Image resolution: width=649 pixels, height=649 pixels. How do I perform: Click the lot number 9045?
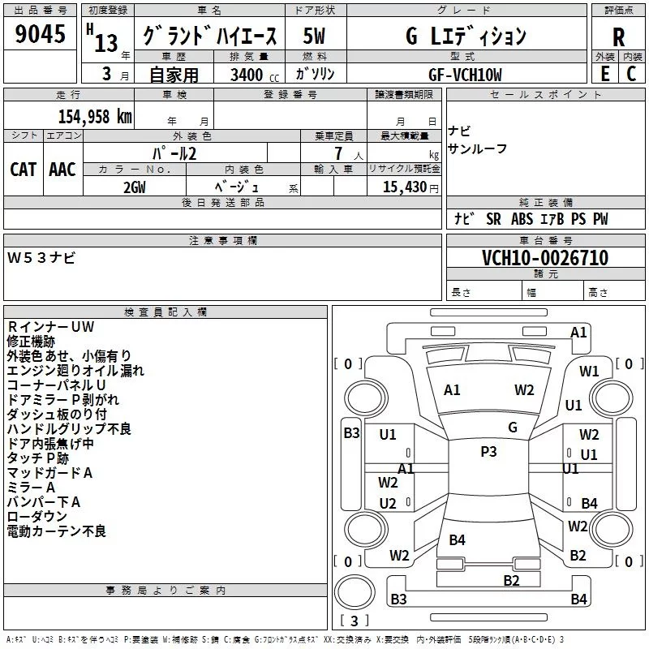tap(40, 33)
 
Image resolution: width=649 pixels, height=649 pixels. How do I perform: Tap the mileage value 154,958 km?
tap(95, 116)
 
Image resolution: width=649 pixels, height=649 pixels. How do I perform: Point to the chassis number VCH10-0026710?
tap(545, 258)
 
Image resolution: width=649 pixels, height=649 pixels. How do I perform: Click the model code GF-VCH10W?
tap(465, 75)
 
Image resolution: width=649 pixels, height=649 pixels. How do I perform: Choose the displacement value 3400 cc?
tap(255, 75)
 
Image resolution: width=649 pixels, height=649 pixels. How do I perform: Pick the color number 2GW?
tap(135, 187)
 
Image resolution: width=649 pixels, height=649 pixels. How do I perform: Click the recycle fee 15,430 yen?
tap(410, 187)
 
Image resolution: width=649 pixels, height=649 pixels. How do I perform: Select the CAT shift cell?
tap(24, 170)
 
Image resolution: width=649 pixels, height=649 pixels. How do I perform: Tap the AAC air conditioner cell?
tap(62, 170)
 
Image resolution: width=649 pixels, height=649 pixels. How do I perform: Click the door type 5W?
tap(314, 36)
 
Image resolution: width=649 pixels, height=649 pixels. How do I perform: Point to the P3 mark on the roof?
tap(488, 451)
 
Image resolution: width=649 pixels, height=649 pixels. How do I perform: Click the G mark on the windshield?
tap(513, 428)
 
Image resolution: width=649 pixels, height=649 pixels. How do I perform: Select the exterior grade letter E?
tap(604, 74)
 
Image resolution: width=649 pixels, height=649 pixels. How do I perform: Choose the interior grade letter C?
tap(631, 74)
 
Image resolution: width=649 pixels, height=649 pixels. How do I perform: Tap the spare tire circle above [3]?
tap(355, 592)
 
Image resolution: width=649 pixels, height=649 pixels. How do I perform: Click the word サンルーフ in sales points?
tap(477, 148)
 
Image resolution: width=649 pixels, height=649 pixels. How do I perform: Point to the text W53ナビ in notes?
tap(41, 258)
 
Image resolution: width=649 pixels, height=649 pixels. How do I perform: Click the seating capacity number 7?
tap(338, 153)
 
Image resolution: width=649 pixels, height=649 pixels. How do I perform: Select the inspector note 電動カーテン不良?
tap(57, 531)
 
